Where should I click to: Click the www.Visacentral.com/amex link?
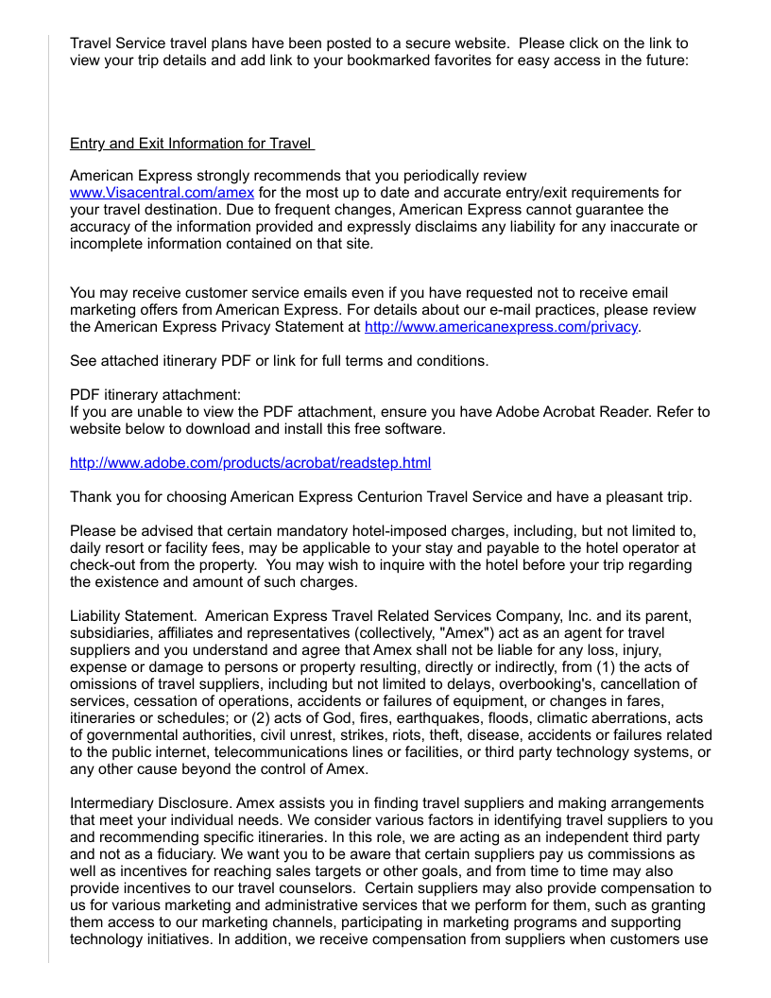tap(162, 193)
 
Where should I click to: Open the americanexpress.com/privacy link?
tap(502, 327)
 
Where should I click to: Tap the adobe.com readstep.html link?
tap(250, 462)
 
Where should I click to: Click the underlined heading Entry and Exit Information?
tap(191, 144)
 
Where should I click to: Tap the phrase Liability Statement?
tap(131, 616)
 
